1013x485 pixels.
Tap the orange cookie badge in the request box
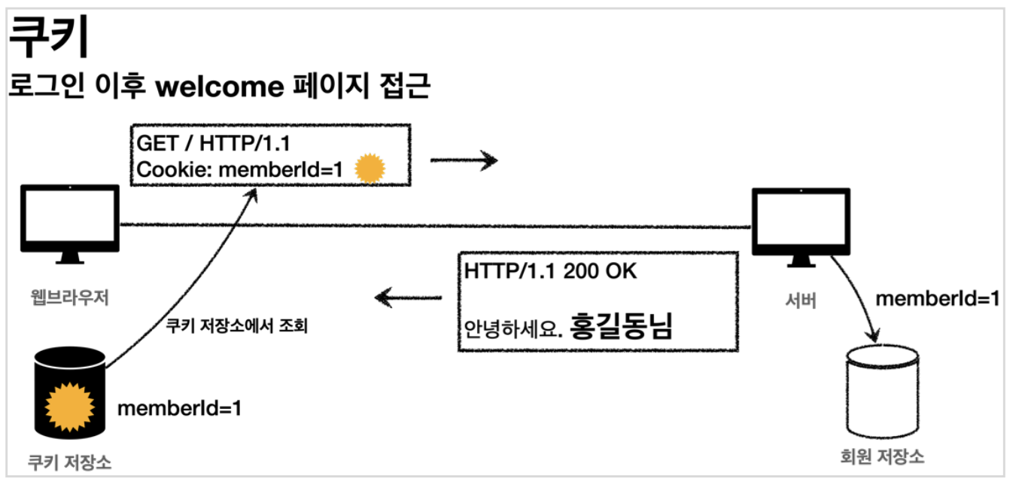point(370,170)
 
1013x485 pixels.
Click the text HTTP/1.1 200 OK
point(550,271)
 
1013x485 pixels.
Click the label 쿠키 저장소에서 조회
point(237,328)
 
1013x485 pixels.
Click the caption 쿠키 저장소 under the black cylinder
point(69,462)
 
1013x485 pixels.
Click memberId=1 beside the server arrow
point(938,298)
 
